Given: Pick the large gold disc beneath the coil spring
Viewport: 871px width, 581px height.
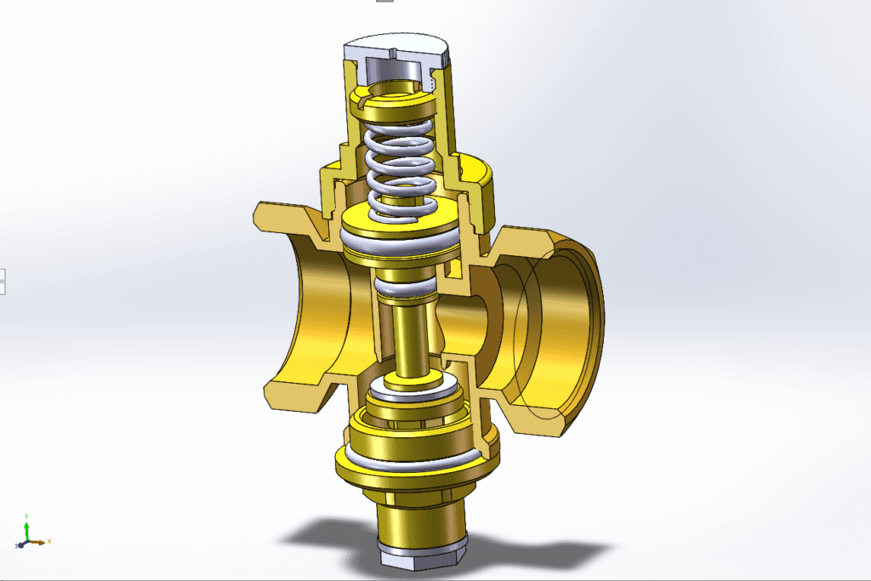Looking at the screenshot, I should tap(400, 217).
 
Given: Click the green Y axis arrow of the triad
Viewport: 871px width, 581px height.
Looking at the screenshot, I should tap(26, 523).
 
